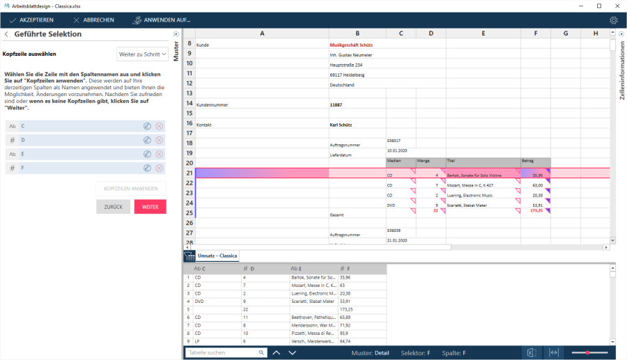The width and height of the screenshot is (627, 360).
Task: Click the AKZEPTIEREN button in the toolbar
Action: coord(31,20)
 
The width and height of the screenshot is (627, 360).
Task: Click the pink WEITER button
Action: coord(150,207)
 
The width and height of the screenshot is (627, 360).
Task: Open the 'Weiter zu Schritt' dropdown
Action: coord(142,54)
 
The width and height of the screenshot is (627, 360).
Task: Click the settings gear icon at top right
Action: coord(613,20)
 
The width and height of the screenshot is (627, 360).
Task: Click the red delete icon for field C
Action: coord(160,126)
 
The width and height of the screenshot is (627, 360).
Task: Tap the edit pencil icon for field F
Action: coord(147,168)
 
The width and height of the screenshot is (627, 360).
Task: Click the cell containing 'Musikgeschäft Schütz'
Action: coord(356,45)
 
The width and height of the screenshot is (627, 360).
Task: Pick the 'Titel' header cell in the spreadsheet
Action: coord(483,161)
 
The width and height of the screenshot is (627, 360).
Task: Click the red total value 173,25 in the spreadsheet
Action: coord(536,210)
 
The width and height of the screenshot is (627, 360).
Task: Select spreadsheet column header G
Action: coord(565,33)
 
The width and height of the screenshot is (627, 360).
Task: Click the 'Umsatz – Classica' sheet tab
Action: coord(217,256)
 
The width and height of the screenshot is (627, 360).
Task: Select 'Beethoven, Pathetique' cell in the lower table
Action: coord(313,317)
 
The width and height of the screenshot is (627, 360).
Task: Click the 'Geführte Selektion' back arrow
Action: coord(6,34)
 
